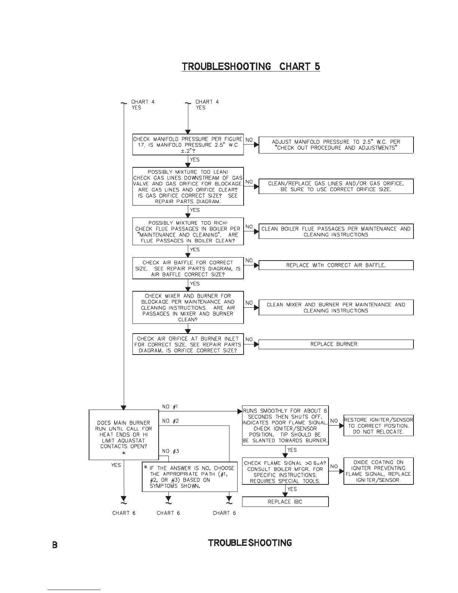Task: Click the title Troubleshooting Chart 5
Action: click(x=251, y=67)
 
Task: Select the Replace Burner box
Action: click(x=336, y=344)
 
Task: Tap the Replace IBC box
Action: click(x=285, y=502)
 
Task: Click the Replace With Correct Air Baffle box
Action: click(x=336, y=265)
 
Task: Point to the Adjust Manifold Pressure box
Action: click(x=336, y=145)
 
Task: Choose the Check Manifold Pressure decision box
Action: click(x=188, y=145)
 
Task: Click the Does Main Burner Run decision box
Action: click(x=123, y=435)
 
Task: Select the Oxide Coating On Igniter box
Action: click(x=378, y=471)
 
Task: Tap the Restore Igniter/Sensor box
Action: click(x=378, y=426)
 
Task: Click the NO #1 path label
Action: click(x=170, y=407)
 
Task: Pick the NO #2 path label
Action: click(x=171, y=421)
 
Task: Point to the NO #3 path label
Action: click(x=171, y=451)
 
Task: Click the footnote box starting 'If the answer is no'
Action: click(x=190, y=477)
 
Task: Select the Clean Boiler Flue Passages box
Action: click(x=336, y=231)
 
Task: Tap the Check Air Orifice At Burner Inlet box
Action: click(x=188, y=344)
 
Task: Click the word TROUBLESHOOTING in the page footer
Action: click(x=250, y=543)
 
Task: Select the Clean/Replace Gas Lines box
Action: click(x=336, y=186)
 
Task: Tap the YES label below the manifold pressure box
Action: click(x=195, y=159)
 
